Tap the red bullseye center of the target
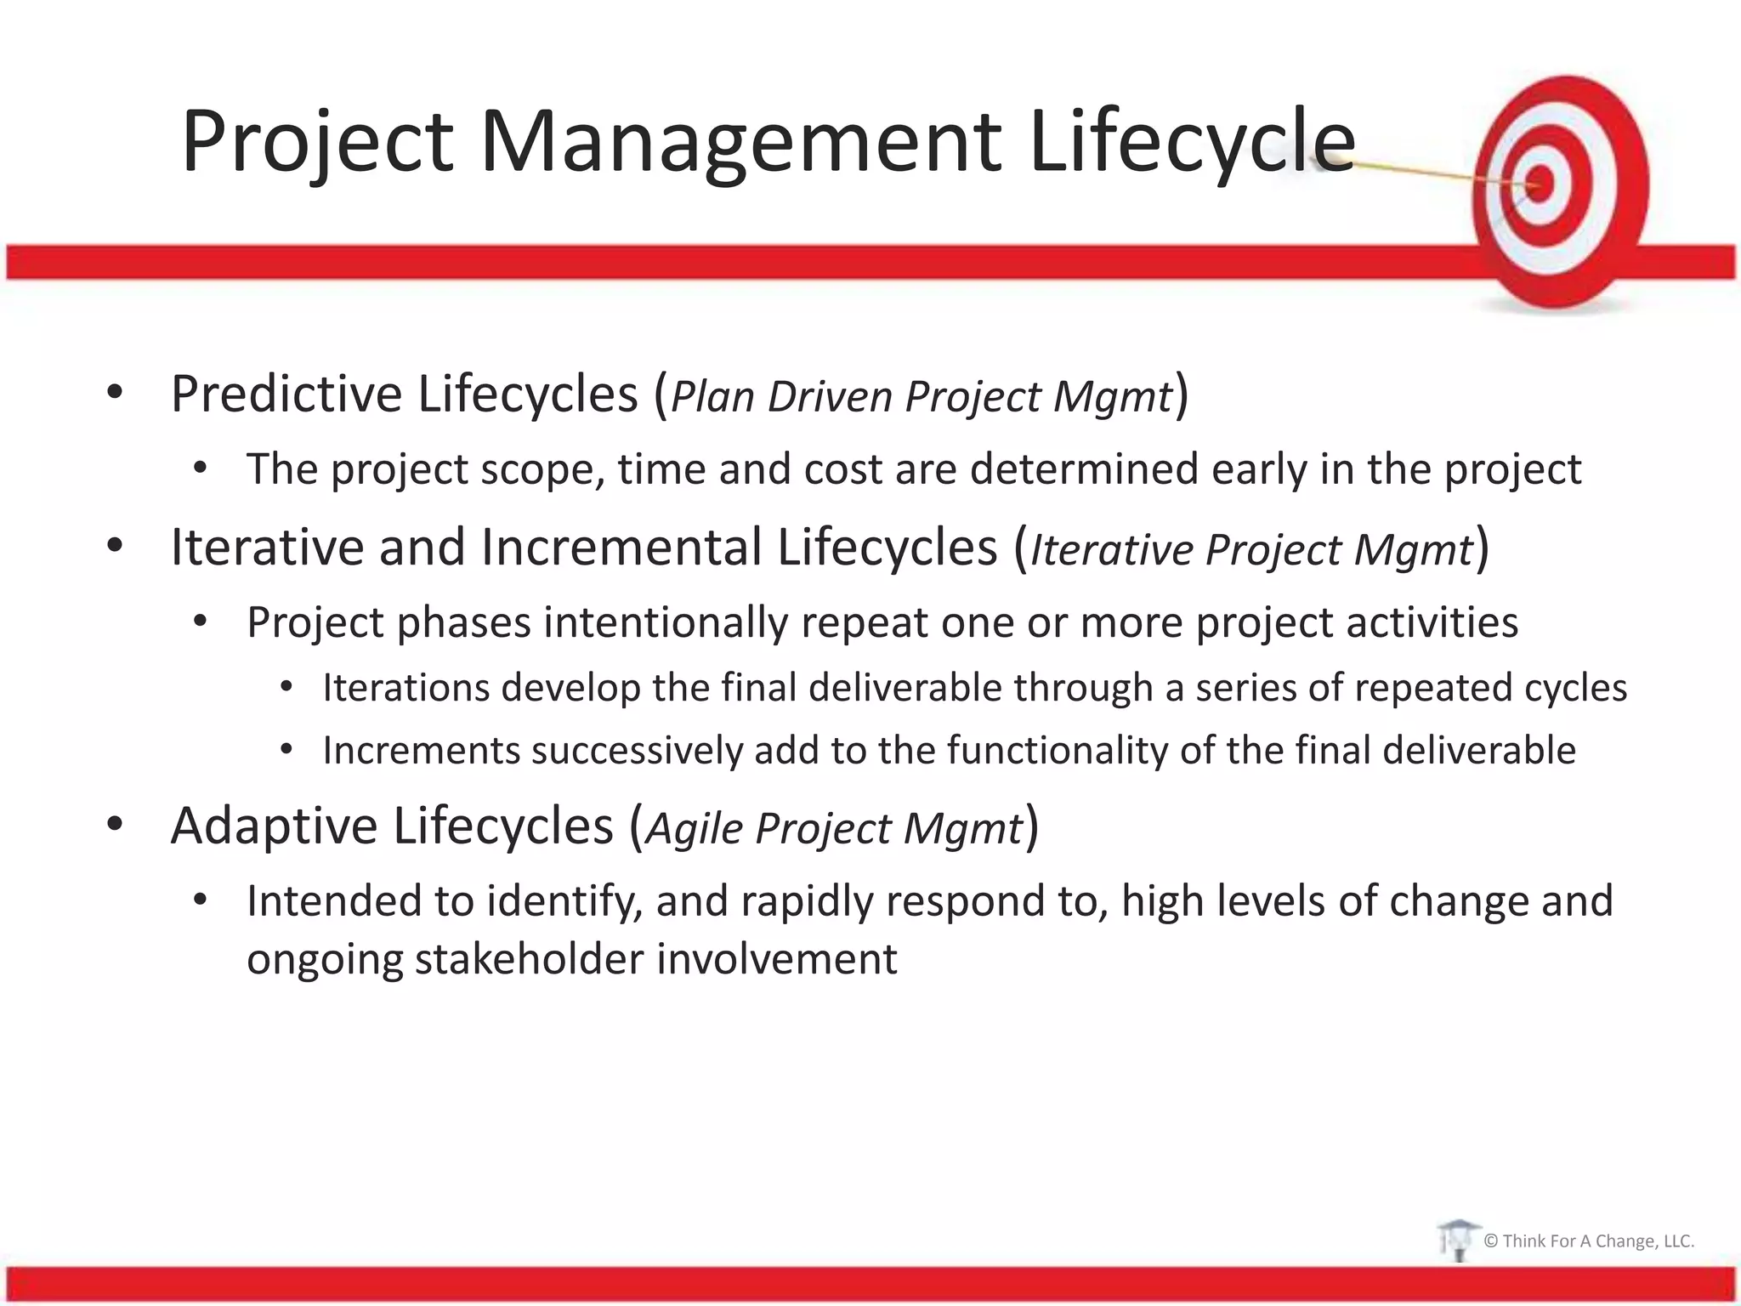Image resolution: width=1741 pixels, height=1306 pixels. [x=1540, y=183]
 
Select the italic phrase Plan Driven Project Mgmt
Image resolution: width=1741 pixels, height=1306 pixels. [x=922, y=397]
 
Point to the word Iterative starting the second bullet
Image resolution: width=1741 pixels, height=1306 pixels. [x=267, y=548]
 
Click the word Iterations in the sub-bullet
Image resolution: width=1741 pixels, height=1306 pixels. [x=405, y=688]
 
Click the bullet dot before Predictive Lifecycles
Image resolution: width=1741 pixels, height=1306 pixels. [x=116, y=393]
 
